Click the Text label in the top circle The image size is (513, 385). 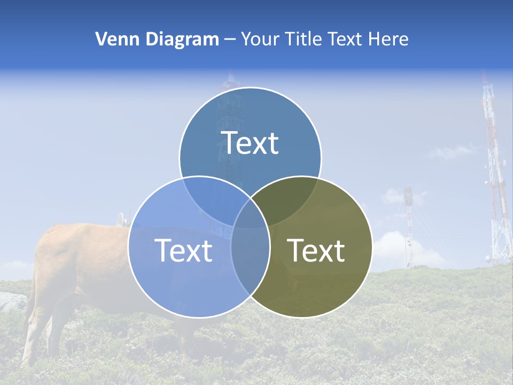250,143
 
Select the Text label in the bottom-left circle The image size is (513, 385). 183,250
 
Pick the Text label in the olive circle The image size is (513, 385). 316,250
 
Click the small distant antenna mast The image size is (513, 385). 409,225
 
